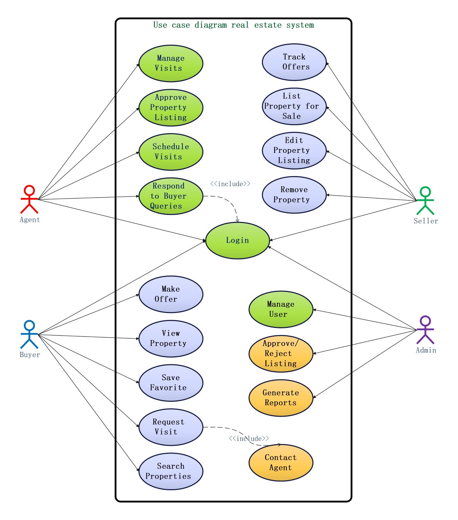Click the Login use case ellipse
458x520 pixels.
[237, 240]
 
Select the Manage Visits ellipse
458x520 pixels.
[171, 63]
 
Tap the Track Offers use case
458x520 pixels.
[294, 62]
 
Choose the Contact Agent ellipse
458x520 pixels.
[281, 462]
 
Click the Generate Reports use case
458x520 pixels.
[281, 398]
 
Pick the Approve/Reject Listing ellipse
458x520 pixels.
[281, 354]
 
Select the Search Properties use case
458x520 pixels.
[171, 471]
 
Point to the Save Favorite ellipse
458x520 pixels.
[171, 383]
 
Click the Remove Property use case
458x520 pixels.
[294, 195]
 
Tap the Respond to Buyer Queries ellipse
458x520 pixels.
[171, 196]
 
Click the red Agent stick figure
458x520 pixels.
[29, 199]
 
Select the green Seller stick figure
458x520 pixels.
[425, 201]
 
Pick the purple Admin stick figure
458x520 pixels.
[425, 330]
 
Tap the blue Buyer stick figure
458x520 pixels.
[29, 335]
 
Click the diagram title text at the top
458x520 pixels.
[234, 25]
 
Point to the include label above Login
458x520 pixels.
[230, 184]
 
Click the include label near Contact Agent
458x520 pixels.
[249, 439]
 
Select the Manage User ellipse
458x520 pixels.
[281, 309]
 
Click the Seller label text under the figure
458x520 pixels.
[426, 221]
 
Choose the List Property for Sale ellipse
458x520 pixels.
[294, 106]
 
